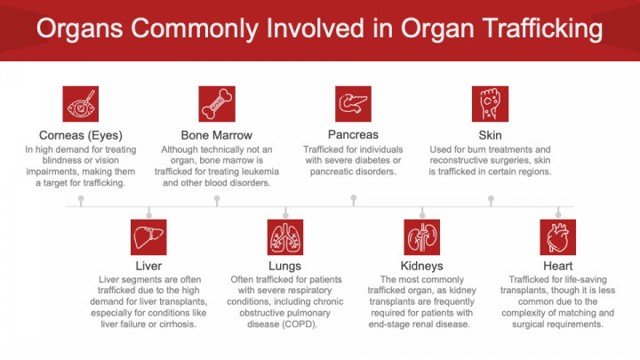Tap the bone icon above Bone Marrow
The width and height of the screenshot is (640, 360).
tap(217, 104)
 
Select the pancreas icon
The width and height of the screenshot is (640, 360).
tap(353, 104)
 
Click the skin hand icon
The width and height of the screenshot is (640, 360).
tap(490, 104)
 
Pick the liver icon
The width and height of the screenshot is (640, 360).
tap(148, 237)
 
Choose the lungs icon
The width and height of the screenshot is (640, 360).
tap(285, 237)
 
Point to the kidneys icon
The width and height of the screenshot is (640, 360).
tap(422, 237)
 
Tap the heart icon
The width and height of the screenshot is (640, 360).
tap(558, 237)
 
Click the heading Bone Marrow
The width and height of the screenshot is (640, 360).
tap(217, 136)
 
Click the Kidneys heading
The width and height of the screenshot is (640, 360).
tap(422, 267)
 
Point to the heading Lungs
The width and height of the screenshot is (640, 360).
tap(285, 267)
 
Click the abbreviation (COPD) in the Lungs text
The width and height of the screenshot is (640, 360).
tap(308, 324)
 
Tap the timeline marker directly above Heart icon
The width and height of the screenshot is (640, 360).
tap(558, 212)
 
